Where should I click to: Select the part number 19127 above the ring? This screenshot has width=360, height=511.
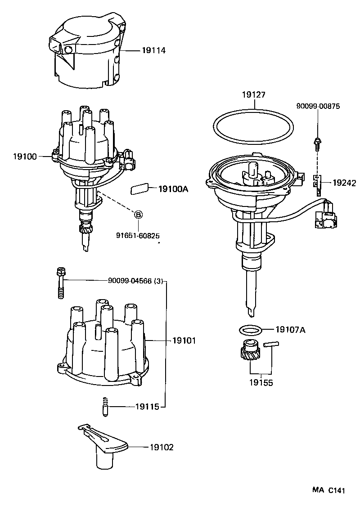click(254, 95)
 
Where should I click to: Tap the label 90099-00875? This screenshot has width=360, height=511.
click(318, 106)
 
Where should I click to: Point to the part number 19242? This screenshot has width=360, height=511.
click(344, 183)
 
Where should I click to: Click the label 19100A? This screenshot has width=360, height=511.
click(173, 189)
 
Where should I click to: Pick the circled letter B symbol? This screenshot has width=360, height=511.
click(139, 215)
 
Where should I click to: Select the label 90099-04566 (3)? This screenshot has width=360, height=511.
click(136, 281)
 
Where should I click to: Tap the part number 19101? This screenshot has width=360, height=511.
click(184, 341)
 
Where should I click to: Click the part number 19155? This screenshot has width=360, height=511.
click(261, 383)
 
